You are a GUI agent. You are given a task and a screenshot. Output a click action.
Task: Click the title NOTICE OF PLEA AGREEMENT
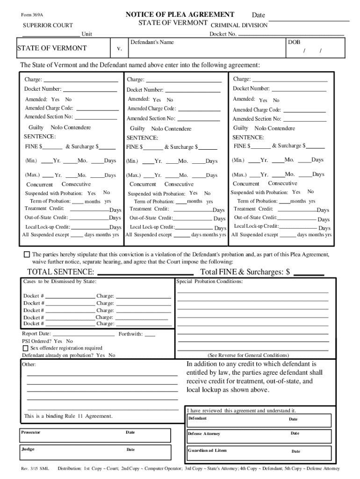pos(180,15)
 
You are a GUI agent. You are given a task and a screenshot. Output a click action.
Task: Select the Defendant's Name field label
pos(152,43)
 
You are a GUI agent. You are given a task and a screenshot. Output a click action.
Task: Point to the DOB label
pos(294,42)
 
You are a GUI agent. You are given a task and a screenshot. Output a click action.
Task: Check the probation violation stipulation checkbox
pos(27,255)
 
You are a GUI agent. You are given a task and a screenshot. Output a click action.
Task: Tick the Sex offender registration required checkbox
pos(25,348)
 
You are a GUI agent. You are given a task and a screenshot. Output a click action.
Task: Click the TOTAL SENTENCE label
pos(61,272)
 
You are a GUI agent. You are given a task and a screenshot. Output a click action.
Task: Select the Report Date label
pos(36,334)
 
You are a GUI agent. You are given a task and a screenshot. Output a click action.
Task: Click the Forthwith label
pos(130,334)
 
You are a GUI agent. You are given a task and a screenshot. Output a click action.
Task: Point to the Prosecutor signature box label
pos(31,432)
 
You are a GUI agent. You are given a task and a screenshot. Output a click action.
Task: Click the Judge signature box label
pos(28,449)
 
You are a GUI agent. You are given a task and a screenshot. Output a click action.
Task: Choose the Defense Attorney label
pos(204,434)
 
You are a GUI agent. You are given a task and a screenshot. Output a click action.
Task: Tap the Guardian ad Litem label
pos(207,450)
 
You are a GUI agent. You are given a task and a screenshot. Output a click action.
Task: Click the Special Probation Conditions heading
pos(209,282)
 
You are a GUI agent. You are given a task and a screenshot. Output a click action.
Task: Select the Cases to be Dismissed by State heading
pos(60,282)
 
